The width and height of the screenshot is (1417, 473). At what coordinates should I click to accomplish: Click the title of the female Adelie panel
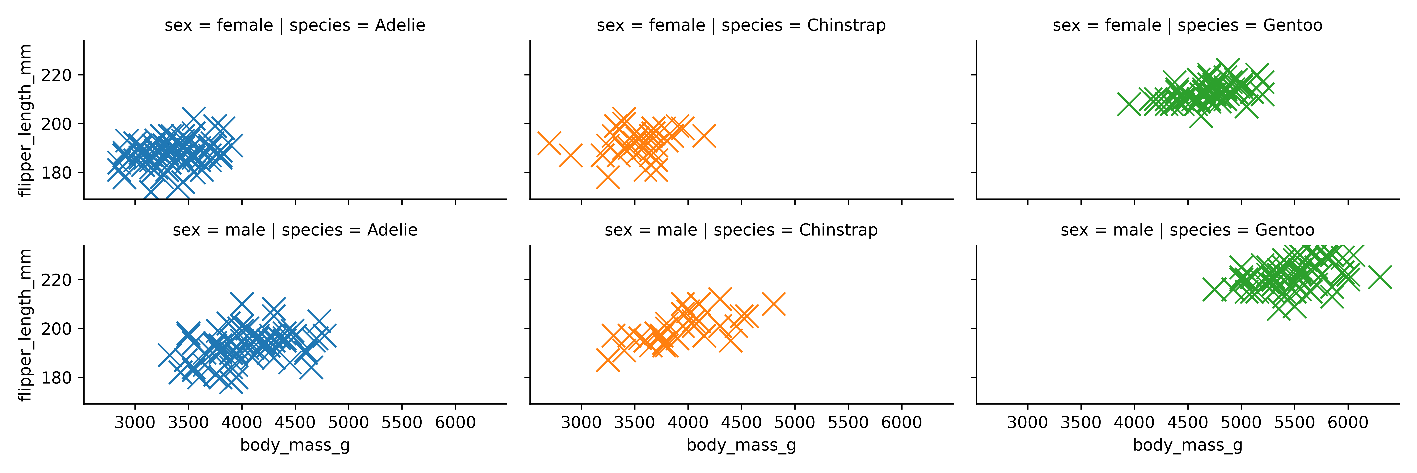(x=295, y=25)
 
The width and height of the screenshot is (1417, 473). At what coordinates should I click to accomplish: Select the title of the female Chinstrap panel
(x=741, y=25)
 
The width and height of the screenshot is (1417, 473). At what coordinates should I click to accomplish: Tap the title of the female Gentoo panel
(x=1188, y=25)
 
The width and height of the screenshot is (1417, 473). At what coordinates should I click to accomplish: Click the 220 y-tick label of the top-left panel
(x=57, y=75)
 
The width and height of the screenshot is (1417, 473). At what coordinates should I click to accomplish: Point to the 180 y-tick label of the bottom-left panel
(x=57, y=378)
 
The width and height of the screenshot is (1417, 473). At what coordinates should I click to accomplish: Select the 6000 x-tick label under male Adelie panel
(x=455, y=423)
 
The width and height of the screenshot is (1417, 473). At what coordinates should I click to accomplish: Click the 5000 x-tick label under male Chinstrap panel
(x=794, y=423)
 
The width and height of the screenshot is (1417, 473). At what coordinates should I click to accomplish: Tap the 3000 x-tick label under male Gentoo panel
(x=1028, y=423)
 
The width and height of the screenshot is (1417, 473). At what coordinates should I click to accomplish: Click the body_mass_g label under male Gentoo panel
(x=1188, y=445)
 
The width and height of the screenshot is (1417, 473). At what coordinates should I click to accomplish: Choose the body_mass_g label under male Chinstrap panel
(x=741, y=445)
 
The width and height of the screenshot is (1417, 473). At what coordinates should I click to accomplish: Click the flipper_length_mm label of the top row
(x=25, y=120)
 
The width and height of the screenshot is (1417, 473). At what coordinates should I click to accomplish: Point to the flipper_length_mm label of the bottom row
(x=25, y=325)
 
